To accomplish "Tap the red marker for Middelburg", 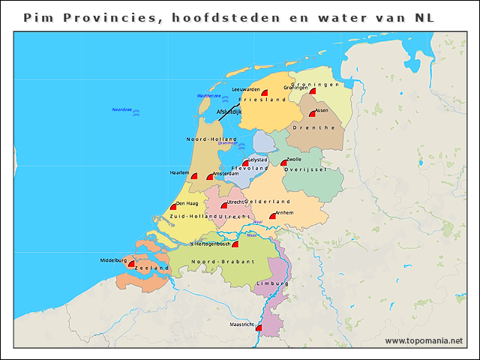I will pyautogui.click(x=132, y=264).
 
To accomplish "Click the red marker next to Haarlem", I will pyautogui.click(x=193, y=176).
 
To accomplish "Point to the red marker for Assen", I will pyautogui.click(x=312, y=115).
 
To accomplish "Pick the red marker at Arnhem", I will pyautogui.click(x=273, y=217).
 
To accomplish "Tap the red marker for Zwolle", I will pyautogui.click(x=283, y=163).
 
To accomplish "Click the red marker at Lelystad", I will pyautogui.click(x=245, y=163).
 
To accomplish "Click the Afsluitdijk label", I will pyautogui.click(x=229, y=112).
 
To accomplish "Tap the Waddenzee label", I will pyautogui.click(x=208, y=96).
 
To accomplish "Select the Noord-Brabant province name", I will pyautogui.click(x=223, y=261).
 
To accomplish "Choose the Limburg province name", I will pyautogui.click(x=272, y=283).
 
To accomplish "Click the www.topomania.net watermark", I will pyautogui.click(x=424, y=340).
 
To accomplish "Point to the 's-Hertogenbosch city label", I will pyautogui.click(x=212, y=243).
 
